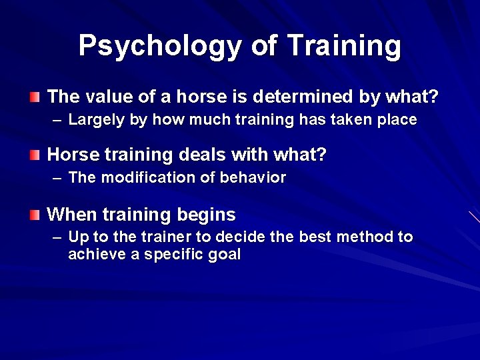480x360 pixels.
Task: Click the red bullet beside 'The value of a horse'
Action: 35,97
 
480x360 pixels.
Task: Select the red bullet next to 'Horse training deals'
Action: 35,156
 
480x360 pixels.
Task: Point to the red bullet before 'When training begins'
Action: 35,215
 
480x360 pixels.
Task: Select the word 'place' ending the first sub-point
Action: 398,121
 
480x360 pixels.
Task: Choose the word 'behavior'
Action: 256,178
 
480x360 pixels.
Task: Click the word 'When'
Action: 72,215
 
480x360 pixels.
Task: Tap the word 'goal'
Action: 225,255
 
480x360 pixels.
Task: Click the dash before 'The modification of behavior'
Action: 57,179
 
